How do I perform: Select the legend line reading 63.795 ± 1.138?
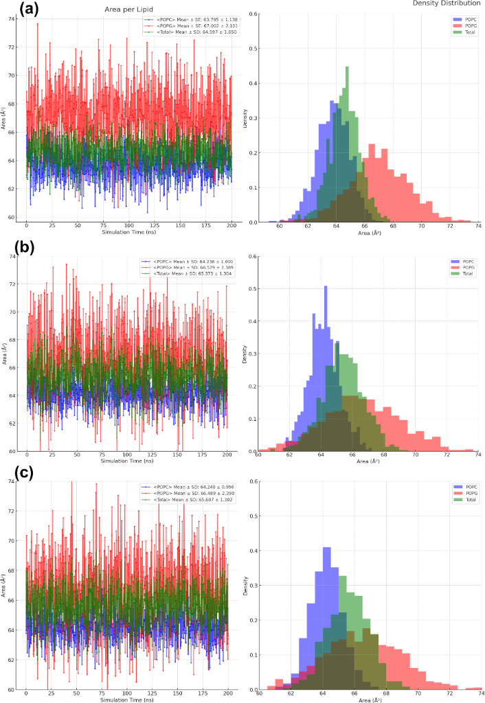click(x=185, y=21)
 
